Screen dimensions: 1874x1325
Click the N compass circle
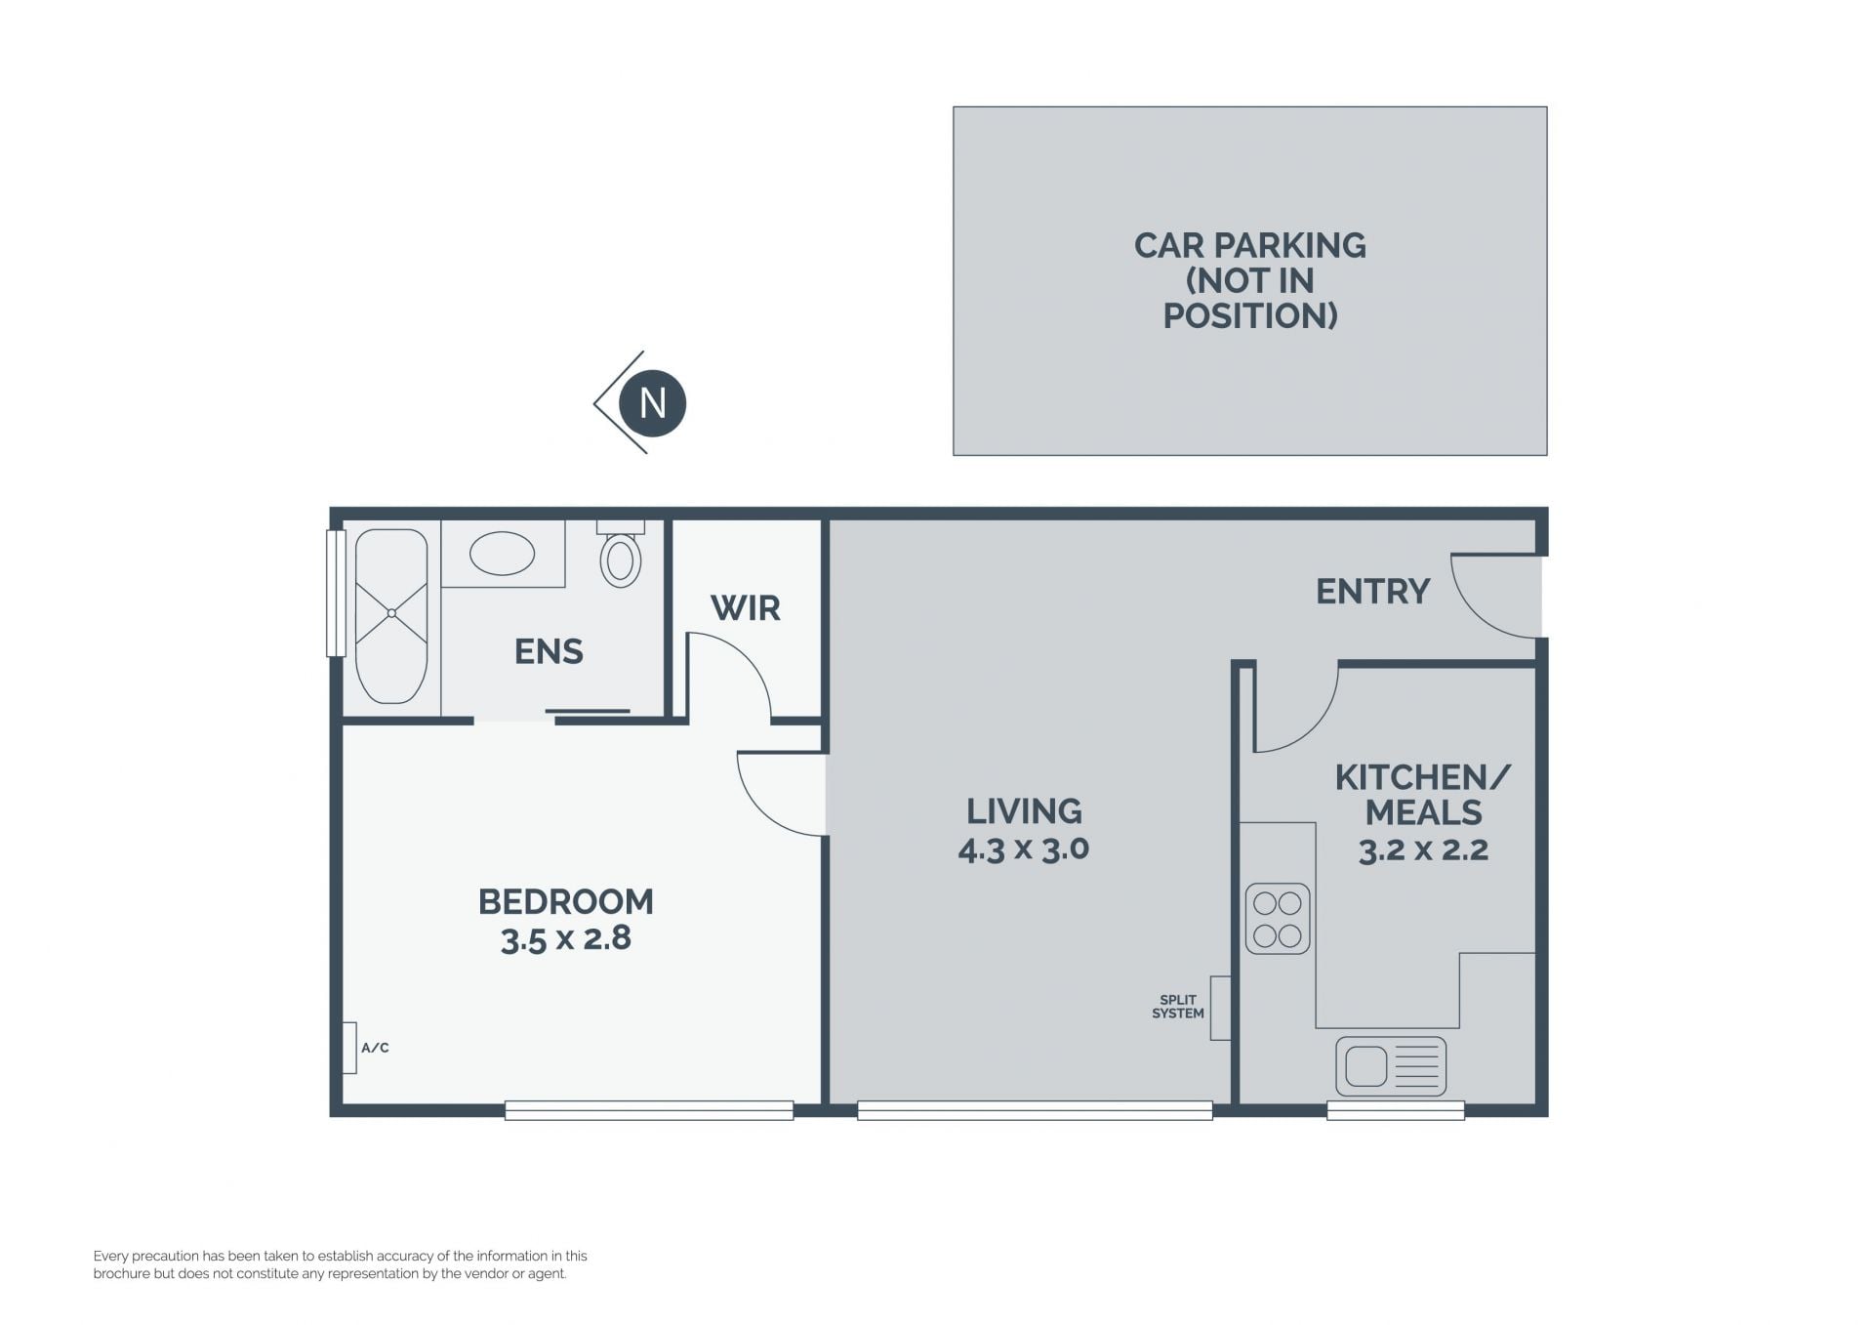point(653,403)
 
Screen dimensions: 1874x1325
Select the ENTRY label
point(1372,591)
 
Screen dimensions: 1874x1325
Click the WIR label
point(746,608)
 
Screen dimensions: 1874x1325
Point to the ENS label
point(549,651)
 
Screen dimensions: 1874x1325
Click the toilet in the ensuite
point(621,555)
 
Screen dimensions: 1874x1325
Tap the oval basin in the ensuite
point(502,554)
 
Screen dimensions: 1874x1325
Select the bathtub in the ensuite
point(390,616)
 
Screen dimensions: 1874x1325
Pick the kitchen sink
point(1391,1065)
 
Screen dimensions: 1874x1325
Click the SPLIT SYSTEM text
point(1178,1007)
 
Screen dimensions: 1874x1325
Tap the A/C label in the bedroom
point(375,1048)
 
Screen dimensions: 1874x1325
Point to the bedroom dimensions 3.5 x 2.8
point(566,938)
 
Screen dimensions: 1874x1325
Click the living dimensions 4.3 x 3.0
point(1024,849)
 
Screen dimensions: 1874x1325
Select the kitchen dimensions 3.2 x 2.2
point(1423,849)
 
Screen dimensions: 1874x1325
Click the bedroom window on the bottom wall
point(649,1110)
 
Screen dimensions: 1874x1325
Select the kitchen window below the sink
point(1396,1110)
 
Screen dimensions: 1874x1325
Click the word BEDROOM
point(566,901)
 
